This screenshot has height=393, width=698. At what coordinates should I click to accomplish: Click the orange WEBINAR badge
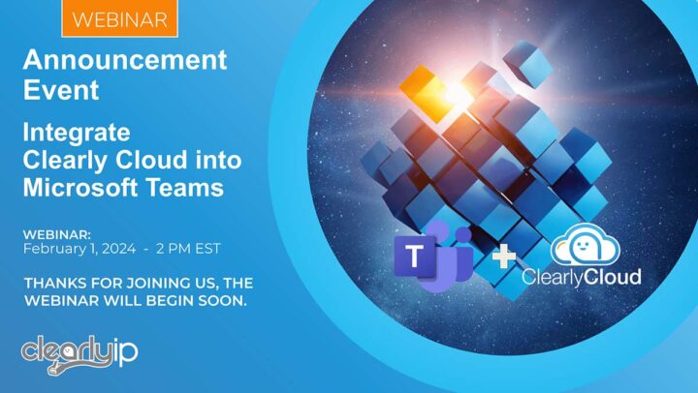coord(118,18)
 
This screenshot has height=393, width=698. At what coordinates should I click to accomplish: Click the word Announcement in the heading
coord(124,61)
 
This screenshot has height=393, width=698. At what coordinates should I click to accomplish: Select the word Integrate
coord(76,132)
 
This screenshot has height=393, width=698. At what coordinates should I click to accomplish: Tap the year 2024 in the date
coord(113,248)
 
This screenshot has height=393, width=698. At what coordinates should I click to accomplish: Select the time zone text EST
coord(206,248)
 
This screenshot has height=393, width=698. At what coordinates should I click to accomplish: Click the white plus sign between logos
coord(504,257)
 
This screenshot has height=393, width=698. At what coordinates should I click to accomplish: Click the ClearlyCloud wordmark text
coord(581,278)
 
